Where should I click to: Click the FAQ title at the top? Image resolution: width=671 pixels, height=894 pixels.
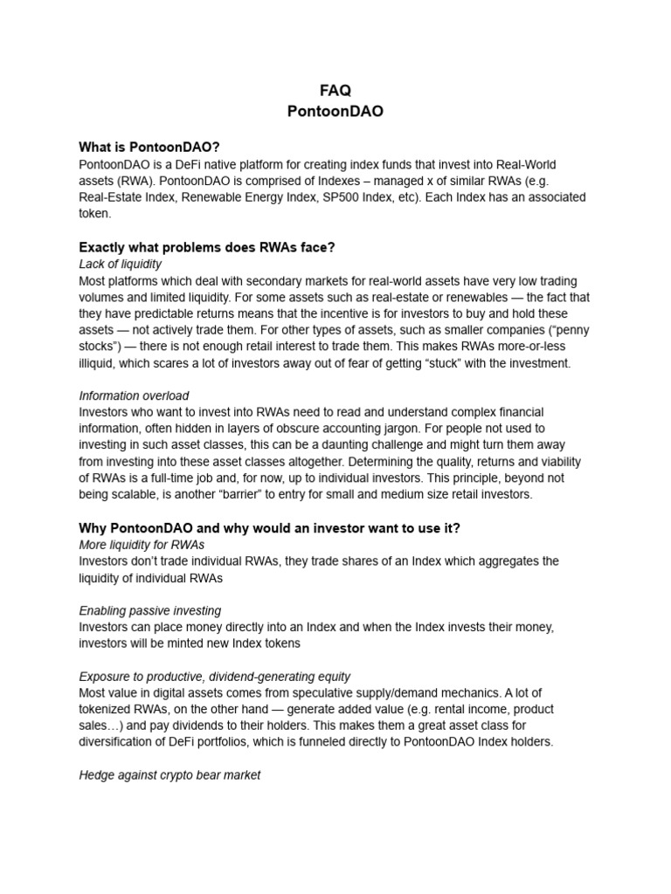coord(335,92)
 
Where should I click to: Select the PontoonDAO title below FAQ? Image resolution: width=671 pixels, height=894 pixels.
coord(335,112)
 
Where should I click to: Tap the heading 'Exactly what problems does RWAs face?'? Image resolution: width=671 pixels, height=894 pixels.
coord(207,247)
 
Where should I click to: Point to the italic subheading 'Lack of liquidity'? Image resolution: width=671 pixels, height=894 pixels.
coord(121,264)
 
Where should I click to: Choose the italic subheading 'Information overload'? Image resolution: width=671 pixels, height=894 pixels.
coord(134,395)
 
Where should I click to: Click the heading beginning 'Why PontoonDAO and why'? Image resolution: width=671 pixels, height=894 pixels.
coord(269,528)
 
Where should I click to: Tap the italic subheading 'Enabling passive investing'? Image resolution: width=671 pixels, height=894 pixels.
coord(150,610)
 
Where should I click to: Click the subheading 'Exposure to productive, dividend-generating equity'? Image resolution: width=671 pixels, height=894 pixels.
coord(215,676)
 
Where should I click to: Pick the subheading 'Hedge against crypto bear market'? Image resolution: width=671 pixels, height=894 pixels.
coord(169,774)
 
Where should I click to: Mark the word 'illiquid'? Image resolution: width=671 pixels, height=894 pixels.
coord(100,363)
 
